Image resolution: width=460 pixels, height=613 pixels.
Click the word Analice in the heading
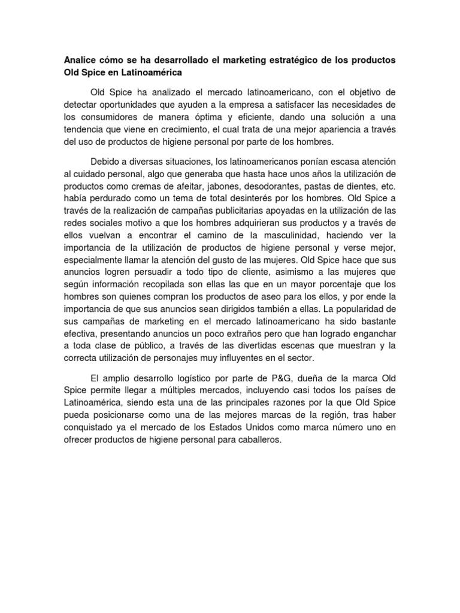point(80,60)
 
